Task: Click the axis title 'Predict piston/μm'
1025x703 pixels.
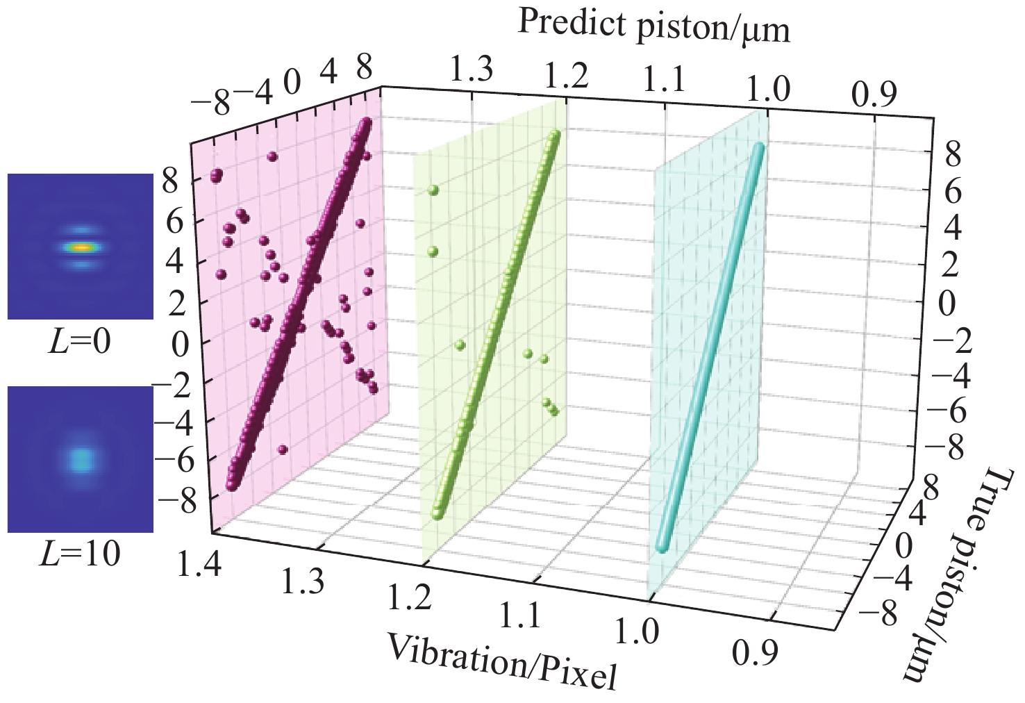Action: click(x=653, y=28)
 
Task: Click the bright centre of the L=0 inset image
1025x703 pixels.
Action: click(x=81, y=247)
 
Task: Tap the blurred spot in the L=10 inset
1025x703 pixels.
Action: click(x=81, y=458)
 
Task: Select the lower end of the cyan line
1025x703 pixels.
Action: click(x=661, y=547)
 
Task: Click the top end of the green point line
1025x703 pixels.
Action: click(x=555, y=135)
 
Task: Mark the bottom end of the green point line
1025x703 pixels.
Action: click(x=437, y=514)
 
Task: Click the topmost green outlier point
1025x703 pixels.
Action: click(x=434, y=189)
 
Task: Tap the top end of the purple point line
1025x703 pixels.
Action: click(x=366, y=124)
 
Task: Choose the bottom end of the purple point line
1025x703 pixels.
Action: click(x=231, y=486)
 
